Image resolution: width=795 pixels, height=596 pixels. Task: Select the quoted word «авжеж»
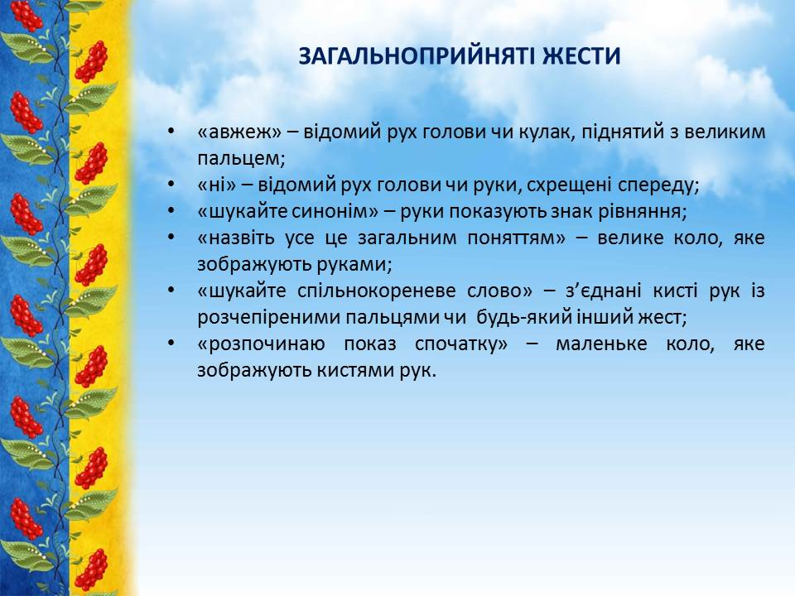coord(239,132)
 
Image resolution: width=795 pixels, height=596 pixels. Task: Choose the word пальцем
coord(241,159)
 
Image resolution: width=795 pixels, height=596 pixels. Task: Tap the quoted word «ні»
coord(217,185)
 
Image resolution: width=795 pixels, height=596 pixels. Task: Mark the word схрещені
coord(569,185)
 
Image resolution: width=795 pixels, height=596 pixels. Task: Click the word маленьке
coord(601,344)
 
